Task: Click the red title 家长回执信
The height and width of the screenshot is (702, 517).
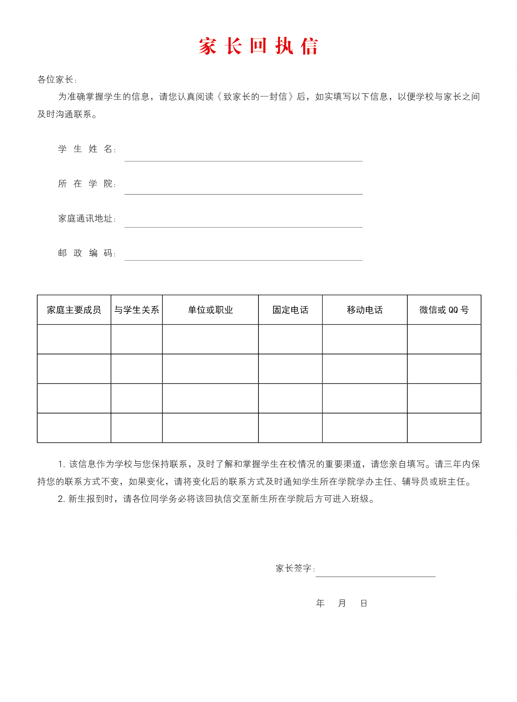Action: pyautogui.click(x=258, y=46)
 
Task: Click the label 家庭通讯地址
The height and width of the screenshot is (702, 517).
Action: pyautogui.click(x=85, y=218)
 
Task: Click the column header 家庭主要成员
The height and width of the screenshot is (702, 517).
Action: pyautogui.click(x=74, y=310)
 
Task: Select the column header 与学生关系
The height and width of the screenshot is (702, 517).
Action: pyautogui.click(x=137, y=310)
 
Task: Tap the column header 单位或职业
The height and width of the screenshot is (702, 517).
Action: pyautogui.click(x=210, y=310)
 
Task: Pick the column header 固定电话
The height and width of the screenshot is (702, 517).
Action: pyautogui.click(x=290, y=310)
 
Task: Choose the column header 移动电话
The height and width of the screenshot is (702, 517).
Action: pyautogui.click(x=364, y=310)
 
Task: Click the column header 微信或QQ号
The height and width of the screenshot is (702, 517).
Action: pyautogui.click(x=444, y=310)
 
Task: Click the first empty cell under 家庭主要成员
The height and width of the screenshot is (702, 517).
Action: pyautogui.click(x=74, y=339)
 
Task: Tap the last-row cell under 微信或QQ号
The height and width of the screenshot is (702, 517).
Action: pyautogui.click(x=444, y=428)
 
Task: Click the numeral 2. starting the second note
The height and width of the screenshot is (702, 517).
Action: pyautogui.click(x=61, y=499)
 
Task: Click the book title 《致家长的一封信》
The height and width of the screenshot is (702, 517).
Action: pyautogui.click(x=256, y=97)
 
